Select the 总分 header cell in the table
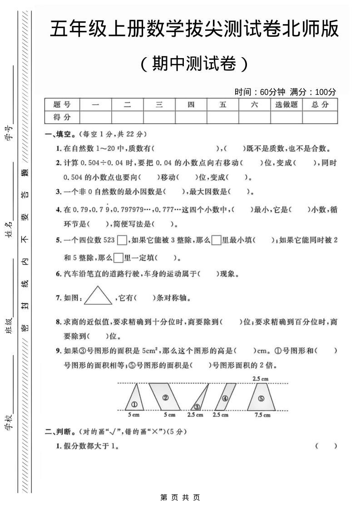(x=320, y=105)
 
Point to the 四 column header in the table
(x=191, y=105)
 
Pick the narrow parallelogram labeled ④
(x=226, y=397)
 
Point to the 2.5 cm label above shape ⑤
(x=260, y=378)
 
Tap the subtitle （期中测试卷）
(x=194, y=64)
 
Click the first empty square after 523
(x=122, y=240)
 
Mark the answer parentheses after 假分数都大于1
(x=326, y=446)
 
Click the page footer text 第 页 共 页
(x=180, y=498)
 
